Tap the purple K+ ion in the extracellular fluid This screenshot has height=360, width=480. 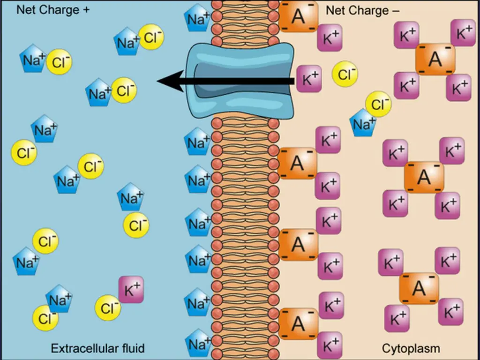click(131, 290)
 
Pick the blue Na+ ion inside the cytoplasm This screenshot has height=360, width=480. click(362, 123)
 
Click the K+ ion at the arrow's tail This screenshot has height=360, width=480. click(309, 78)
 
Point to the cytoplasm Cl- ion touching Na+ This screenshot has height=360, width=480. click(378, 105)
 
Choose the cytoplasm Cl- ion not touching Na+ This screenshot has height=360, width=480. click(345, 74)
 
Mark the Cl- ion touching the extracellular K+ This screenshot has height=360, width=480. click(108, 307)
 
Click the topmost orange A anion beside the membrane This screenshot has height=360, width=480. click(298, 16)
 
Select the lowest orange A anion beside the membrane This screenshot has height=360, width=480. click(298, 323)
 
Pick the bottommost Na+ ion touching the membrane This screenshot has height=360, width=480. click(197, 344)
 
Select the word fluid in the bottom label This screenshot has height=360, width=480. click(132, 348)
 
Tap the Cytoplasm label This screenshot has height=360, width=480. click(411, 348)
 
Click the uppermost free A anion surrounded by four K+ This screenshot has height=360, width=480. click(435, 60)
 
